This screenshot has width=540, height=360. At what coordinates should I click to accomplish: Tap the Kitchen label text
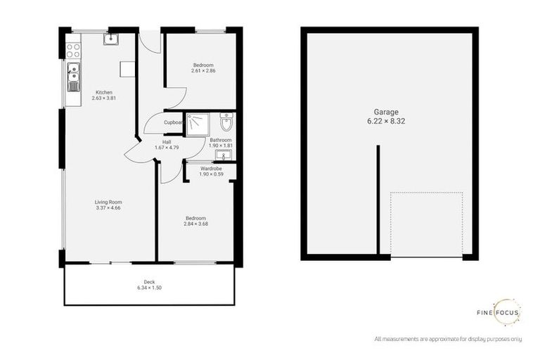(x=103, y=92)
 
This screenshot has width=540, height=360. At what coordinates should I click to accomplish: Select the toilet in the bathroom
(x=226, y=124)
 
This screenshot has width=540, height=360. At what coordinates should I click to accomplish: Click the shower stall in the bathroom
(x=199, y=124)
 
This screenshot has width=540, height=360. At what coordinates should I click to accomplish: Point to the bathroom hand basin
(x=224, y=155)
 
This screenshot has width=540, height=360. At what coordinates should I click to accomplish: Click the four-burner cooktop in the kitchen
(x=72, y=51)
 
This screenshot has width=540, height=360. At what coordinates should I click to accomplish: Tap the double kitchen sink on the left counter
(x=73, y=77)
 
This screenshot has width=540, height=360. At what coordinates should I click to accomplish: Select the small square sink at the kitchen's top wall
(x=110, y=39)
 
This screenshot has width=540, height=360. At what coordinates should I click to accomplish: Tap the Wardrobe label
(x=211, y=168)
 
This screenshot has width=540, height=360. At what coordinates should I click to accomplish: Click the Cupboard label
(x=174, y=122)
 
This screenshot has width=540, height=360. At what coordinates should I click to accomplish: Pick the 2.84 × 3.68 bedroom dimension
(x=195, y=224)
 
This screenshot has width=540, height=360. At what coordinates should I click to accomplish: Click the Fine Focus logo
(x=497, y=311)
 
